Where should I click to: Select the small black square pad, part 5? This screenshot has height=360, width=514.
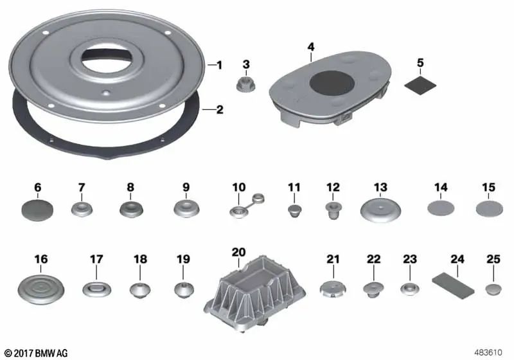[421, 82]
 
